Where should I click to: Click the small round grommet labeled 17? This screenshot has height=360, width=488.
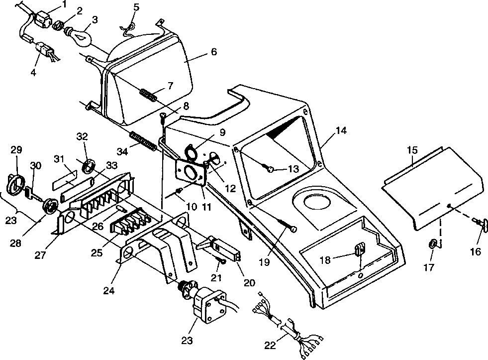tap(433, 244)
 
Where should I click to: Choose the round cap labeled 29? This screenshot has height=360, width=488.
tap(16, 184)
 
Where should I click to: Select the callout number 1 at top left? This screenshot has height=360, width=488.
tap(64, 5)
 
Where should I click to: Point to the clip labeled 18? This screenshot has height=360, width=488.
tap(360, 249)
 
